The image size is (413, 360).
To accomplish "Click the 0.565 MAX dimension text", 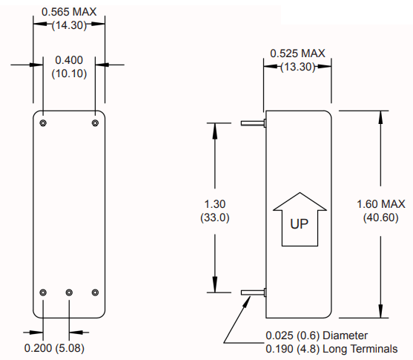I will [x=69, y=12].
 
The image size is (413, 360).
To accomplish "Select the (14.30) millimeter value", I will [x=69, y=25].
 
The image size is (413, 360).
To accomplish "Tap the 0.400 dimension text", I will [x=69, y=59].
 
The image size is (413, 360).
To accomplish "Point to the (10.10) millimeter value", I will [x=69, y=73].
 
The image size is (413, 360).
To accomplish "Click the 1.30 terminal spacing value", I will [x=216, y=202].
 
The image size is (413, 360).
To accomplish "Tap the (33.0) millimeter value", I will [x=216, y=217].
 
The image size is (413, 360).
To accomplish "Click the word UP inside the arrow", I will [x=299, y=222].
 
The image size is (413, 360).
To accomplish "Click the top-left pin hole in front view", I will [x=44, y=122].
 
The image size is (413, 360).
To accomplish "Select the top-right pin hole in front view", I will [x=95, y=122].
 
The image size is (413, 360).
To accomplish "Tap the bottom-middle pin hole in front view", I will [x=69, y=292].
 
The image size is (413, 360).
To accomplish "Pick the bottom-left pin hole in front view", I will [x=44, y=292].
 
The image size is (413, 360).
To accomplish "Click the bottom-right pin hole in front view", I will [x=95, y=292].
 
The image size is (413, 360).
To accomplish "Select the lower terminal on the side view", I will [x=254, y=292].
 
